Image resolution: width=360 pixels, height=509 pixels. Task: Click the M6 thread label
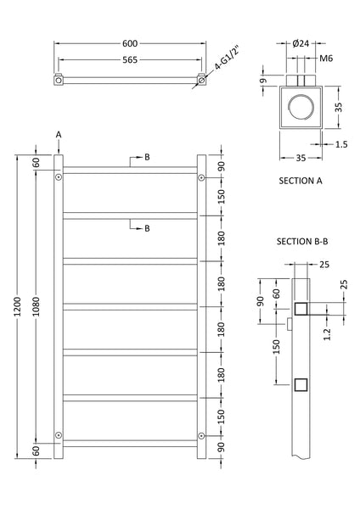327,59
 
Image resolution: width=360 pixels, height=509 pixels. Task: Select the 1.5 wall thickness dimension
340,145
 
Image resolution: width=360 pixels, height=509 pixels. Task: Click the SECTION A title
303,182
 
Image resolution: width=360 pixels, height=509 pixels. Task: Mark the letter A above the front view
59,134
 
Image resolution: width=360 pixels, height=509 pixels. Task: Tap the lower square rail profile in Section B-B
299,386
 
